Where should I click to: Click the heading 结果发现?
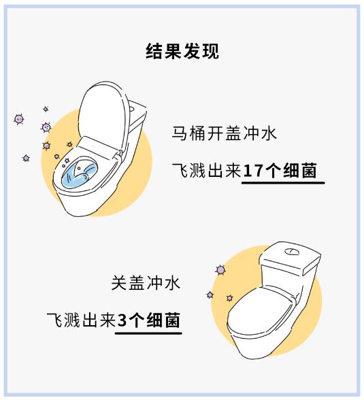tap(182, 51)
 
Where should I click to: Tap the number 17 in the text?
tap(252, 170)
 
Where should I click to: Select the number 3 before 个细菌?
tap(122, 320)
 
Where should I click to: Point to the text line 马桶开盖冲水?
tap(225, 133)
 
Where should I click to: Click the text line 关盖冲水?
tap(146, 283)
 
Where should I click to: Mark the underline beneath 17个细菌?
tap(283, 182)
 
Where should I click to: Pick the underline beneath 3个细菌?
tap(148, 333)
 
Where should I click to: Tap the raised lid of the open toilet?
tap(102, 112)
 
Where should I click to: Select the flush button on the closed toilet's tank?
tap(292, 252)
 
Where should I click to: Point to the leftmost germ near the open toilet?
tap(18, 119)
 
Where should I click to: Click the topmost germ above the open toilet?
tap(46, 109)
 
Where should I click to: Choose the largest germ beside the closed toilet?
tap(220, 270)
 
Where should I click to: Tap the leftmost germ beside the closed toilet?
tap(210, 295)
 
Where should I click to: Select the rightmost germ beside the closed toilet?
tap(229, 298)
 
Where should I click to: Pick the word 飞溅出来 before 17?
tap(207, 170)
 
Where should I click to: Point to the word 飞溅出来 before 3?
tap(82, 320)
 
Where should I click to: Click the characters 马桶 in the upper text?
tap(188, 133)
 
